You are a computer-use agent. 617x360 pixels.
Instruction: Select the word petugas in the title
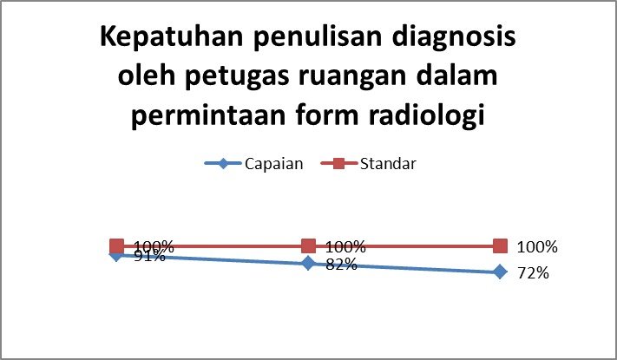[x=238, y=77]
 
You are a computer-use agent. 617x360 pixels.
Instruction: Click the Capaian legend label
[x=274, y=164]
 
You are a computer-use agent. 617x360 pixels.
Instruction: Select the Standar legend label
[x=388, y=164]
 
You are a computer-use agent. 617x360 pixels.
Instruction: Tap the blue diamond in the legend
[x=223, y=163]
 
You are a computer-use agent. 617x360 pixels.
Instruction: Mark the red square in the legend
[x=338, y=163]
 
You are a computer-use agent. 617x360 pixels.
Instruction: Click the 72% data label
[x=533, y=273]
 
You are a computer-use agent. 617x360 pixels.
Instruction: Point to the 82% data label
[x=342, y=265]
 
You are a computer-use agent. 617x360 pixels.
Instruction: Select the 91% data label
[x=149, y=256]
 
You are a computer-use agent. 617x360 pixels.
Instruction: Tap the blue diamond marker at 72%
[x=500, y=272]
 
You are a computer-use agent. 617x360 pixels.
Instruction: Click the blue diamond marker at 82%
[x=309, y=263]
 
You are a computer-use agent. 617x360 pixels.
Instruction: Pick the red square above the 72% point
[x=500, y=246]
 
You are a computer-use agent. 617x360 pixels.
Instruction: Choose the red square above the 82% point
[x=309, y=246]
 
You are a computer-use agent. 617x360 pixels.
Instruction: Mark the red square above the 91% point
[x=117, y=246]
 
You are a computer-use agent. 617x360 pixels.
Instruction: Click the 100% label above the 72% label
[x=537, y=247]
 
